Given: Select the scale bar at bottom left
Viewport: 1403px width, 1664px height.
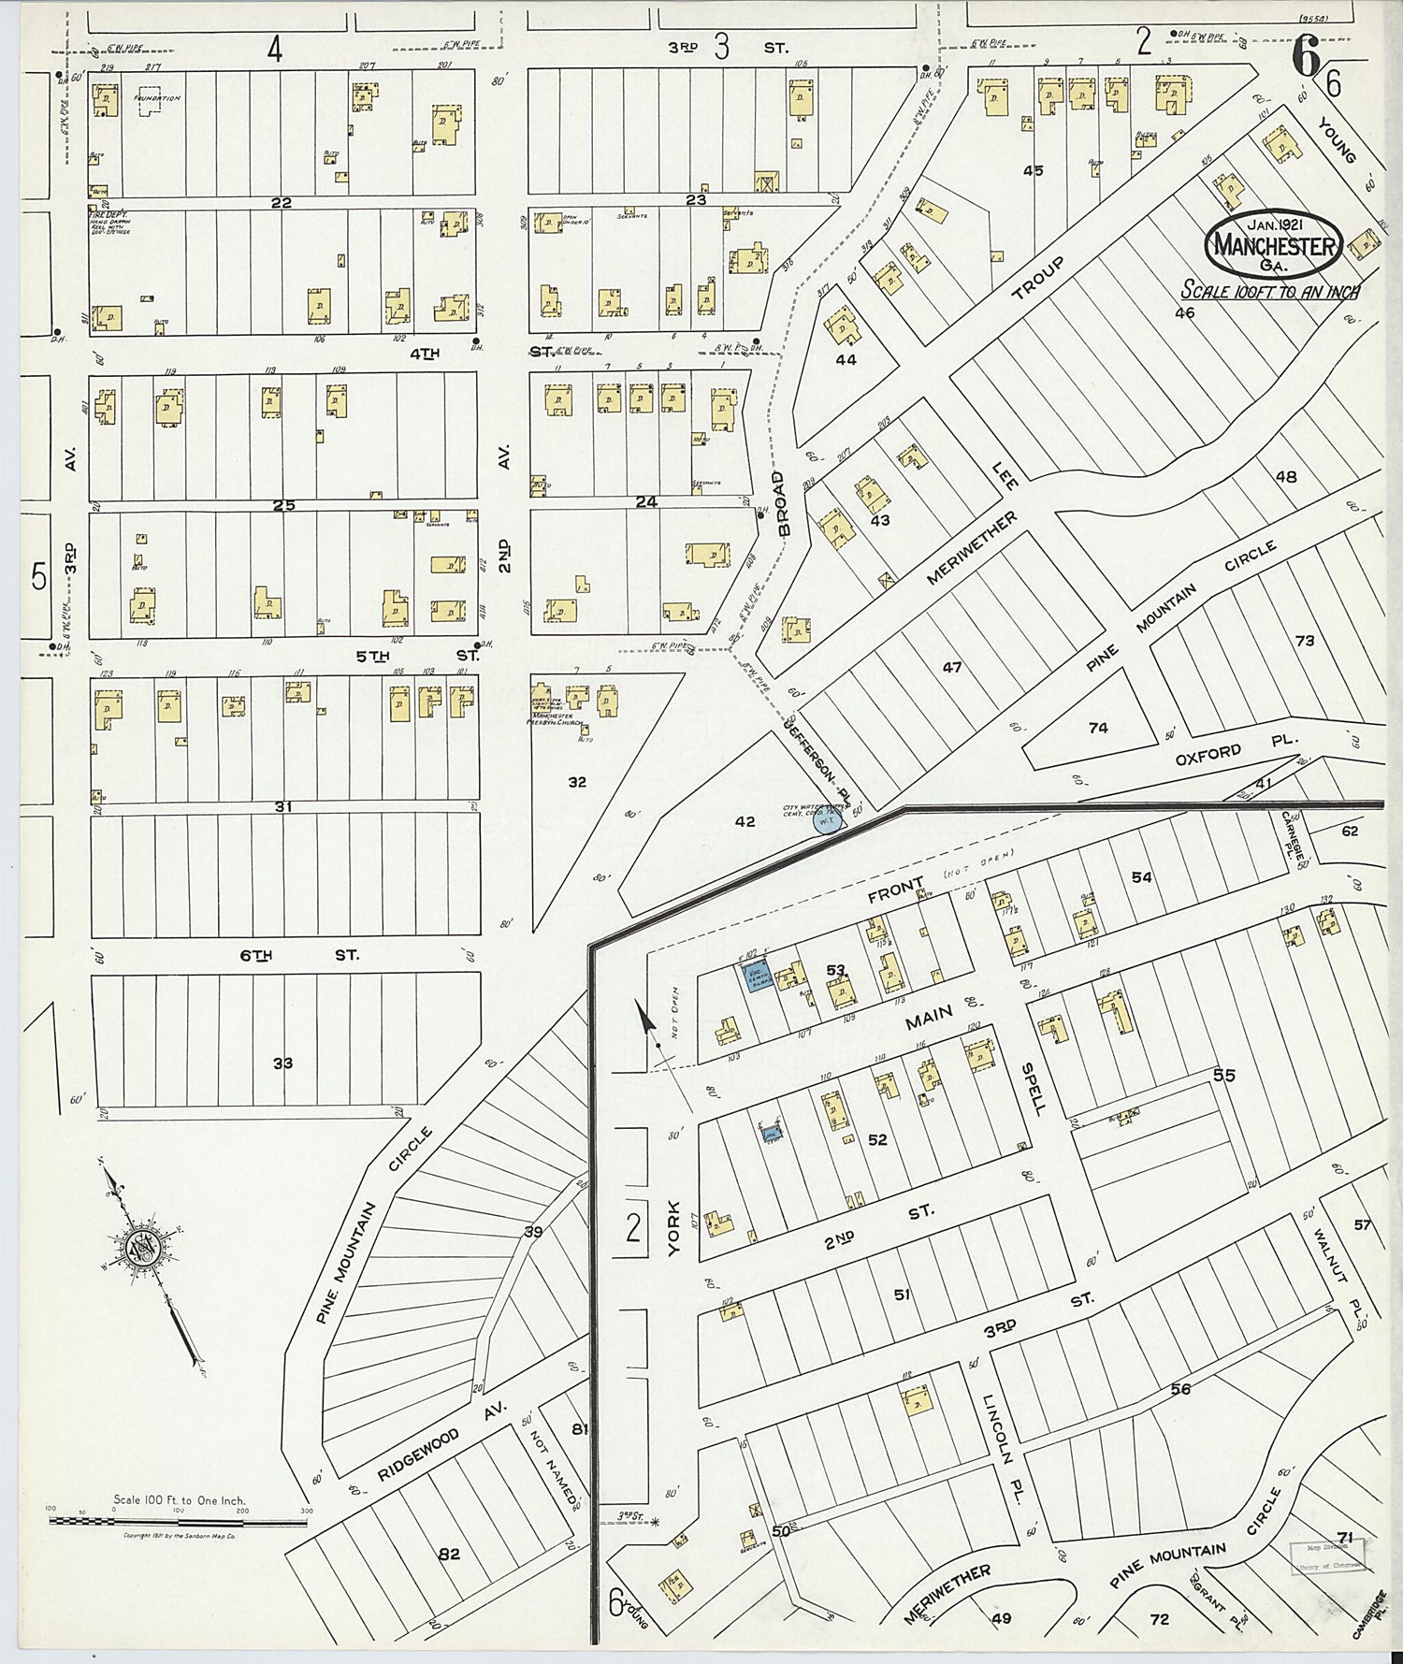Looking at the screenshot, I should point(178,1523).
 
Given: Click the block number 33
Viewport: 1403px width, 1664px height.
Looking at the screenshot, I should point(282,1064).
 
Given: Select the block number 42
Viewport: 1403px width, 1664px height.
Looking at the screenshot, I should point(745,821).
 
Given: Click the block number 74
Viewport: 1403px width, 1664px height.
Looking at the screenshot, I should point(1098,727).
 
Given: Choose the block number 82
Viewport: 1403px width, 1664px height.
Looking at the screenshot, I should point(450,1555).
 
